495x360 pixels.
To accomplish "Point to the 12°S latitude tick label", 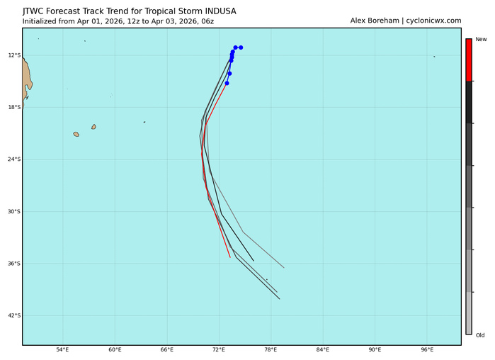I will pyautogui.click(x=14, y=55).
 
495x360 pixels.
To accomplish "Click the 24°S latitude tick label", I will pyautogui.click(x=14, y=159).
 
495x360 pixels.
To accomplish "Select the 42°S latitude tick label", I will pyautogui.click(x=14, y=315).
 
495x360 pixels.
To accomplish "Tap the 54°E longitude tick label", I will pyautogui.click(x=62, y=350).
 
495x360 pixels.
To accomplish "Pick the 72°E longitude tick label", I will pyautogui.click(x=219, y=350).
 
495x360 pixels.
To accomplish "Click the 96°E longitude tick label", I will pyautogui.click(x=427, y=350).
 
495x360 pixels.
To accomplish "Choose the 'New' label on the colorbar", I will pyautogui.click(x=481, y=40).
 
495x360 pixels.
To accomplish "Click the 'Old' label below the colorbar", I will pyautogui.click(x=480, y=335).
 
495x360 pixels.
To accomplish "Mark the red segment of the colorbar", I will pyautogui.click(x=468, y=60).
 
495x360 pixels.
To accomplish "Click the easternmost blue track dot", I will pyautogui.click(x=241, y=47).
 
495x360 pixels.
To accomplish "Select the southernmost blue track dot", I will pyautogui.click(x=227, y=84).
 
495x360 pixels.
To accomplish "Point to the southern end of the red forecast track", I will pyautogui.click(x=230, y=257).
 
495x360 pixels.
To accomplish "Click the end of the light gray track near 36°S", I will pyautogui.click(x=284, y=267).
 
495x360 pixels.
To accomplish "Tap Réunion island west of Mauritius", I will pyautogui.click(x=76, y=134).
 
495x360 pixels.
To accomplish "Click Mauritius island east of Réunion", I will pyautogui.click(x=93, y=127).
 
